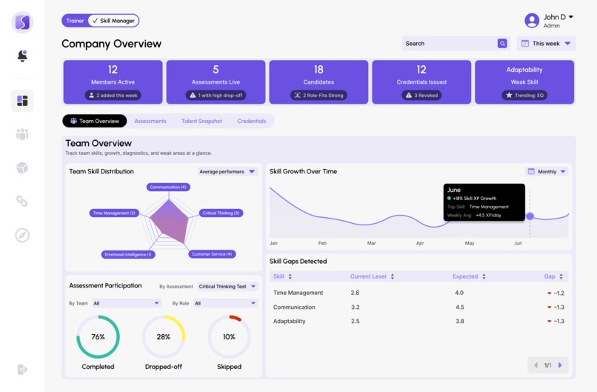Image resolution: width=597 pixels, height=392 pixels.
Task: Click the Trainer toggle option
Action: [x=75, y=21]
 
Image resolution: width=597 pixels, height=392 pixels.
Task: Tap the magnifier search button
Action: [x=502, y=44]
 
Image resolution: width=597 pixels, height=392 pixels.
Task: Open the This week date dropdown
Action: [x=547, y=44]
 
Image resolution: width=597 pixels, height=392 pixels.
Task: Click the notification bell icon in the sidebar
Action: [x=22, y=56]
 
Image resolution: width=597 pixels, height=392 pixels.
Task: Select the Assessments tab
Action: [x=150, y=121]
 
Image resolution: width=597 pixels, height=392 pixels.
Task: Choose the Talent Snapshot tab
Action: [x=201, y=121]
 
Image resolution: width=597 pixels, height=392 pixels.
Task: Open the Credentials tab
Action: [x=251, y=121]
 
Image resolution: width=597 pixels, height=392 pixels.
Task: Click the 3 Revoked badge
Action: [x=421, y=96]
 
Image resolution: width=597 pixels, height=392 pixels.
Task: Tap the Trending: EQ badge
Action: [x=524, y=96]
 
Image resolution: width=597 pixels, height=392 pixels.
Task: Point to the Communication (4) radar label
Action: [x=168, y=187]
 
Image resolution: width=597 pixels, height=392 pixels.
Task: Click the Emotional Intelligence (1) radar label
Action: [x=128, y=254]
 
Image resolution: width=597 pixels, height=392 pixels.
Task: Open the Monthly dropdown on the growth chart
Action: [x=547, y=172]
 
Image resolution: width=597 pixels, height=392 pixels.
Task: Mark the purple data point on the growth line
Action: [x=530, y=216]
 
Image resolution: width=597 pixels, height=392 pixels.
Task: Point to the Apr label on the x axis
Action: [x=420, y=243]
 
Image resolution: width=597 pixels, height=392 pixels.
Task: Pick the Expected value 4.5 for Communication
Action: [x=460, y=307]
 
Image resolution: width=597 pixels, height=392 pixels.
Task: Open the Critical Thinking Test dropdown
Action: [x=227, y=286]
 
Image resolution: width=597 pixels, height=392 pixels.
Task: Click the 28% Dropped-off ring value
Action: [x=164, y=336]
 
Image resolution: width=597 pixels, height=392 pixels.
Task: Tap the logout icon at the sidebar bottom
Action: [x=22, y=369]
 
